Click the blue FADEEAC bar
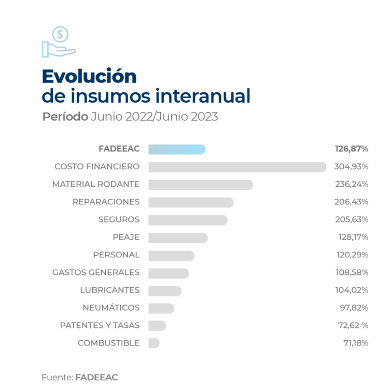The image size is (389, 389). click(x=176, y=149)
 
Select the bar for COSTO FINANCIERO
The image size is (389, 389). click(x=237, y=167)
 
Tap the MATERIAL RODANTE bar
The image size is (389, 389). click(x=200, y=185)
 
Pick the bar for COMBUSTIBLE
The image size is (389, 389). click(x=154, y=343)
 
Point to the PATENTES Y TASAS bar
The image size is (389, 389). click(x=157, y=325)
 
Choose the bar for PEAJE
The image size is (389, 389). click(x=178, y=238)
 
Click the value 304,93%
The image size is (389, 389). click(x=352, y=167)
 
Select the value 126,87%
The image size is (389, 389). click(x=352, y=149)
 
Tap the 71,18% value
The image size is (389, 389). click(x=354, y=343)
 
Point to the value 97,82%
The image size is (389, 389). click(x=354, y=308)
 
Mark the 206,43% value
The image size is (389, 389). click(x=352, y=202)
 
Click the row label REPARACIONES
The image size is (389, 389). click(x=106, y=202)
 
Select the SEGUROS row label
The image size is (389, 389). click(x=119, y=220)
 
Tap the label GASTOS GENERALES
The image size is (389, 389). click(x=96, y=272)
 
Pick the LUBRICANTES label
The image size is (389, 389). click(x=109, y=290)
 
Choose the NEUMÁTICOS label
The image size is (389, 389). click(x=111, y=308)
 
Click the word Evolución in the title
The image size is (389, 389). click(x=89, y=76)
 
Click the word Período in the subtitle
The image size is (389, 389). click(x=65, y=117)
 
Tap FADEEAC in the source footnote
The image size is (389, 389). click(x=96, y=378)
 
